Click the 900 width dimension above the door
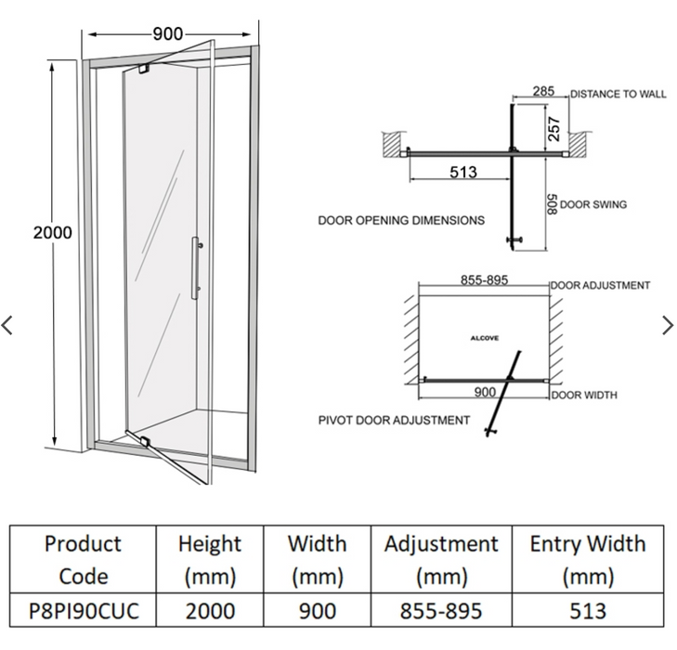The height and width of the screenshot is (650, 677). coord(167,34)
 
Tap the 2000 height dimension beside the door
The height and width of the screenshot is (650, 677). coord(52,232)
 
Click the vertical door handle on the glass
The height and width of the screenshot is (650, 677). coord(195,268)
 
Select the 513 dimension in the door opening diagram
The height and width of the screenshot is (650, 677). coord(462,172)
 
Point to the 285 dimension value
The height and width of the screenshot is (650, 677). coord(544,92)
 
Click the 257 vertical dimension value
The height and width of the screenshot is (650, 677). coord(554,128)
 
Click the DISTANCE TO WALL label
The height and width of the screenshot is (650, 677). coord(618,95)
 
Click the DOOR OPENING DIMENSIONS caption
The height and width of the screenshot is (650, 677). coord(401,221)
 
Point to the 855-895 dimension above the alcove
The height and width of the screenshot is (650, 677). coord(484,279)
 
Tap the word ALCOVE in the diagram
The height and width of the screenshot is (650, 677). coord(484,339)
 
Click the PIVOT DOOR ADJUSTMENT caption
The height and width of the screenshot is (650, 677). coord(394,421)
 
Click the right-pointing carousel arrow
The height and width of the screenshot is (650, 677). coord(668,325)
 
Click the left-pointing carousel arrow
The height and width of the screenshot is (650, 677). coord(8,325)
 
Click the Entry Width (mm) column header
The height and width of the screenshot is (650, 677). coord(587,560)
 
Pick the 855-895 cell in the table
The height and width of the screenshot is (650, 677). coord(441,611)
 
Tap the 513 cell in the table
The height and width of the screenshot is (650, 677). coord(587,611)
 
